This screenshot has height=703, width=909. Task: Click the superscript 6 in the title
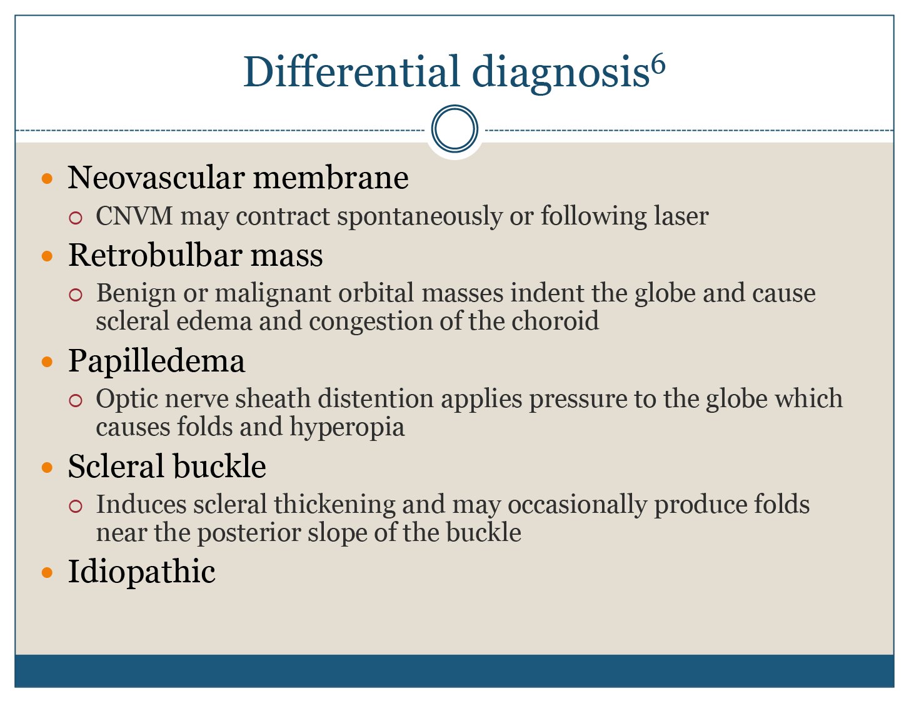pos(658,66)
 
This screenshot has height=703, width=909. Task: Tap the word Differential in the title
pos(352,71)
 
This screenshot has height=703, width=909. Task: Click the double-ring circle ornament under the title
pos(454,129)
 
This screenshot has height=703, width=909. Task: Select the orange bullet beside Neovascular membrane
pos(48,179)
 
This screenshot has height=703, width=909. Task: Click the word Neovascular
pos(156,178)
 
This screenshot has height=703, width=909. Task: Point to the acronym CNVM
pos(134,216)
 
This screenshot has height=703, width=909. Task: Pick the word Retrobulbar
pos(155,255)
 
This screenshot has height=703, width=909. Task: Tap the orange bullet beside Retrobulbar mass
pos(48,256)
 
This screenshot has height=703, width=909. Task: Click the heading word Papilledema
pos(156,362)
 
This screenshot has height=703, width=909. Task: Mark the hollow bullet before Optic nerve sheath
pos(75,400)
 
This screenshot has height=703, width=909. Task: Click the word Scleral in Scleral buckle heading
pos(116,466)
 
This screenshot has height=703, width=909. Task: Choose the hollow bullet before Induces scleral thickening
pos(75,507)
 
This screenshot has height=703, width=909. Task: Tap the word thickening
pos(334,505)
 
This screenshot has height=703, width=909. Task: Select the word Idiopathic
pos(141,572)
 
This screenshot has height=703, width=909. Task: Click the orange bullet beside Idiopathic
pos(48,572)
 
